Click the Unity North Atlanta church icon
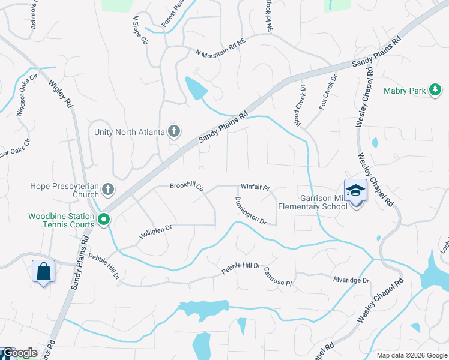(174, 131)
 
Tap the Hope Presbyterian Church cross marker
(108, 190)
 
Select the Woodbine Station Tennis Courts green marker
(104, 220)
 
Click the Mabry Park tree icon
(435, 91)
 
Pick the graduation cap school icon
(355, 190)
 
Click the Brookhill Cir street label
(187, 187)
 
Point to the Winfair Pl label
(255, 187)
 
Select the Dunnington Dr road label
(250, 211)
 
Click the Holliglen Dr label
(156, 232)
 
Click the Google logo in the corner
(19, 353)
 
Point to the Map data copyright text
(412, 355)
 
